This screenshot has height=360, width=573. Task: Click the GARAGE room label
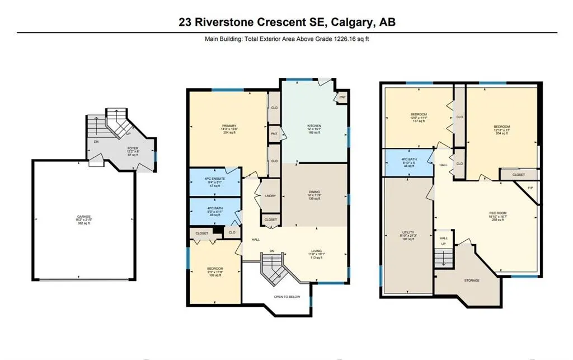(x=83, y=217)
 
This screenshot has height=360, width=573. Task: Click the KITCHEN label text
(x=313, y=125)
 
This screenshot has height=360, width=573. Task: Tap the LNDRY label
(x=269, y=195)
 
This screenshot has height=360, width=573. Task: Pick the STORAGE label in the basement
(x=471, y=280)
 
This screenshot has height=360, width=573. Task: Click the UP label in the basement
(x=444, y=245)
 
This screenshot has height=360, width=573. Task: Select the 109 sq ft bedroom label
(x=215, y=269)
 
